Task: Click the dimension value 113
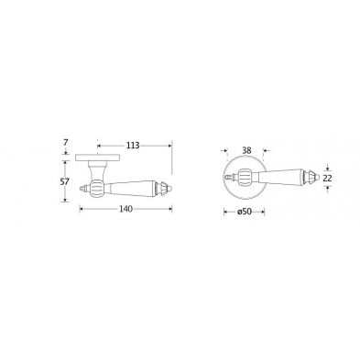click(x=133, y=146)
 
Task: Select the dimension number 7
click(x=66, y=142)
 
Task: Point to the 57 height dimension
click(x=65, y=181)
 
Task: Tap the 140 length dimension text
click(x=125, y=209)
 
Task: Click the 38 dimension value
click(x=246, y=150)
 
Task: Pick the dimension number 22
click(x=327, y=179)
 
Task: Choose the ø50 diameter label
click(x=245, y=212)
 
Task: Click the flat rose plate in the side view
click(x=97, y=158)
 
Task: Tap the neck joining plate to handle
click(x=97, y=170)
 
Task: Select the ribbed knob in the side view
click(x=98, y=188)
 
